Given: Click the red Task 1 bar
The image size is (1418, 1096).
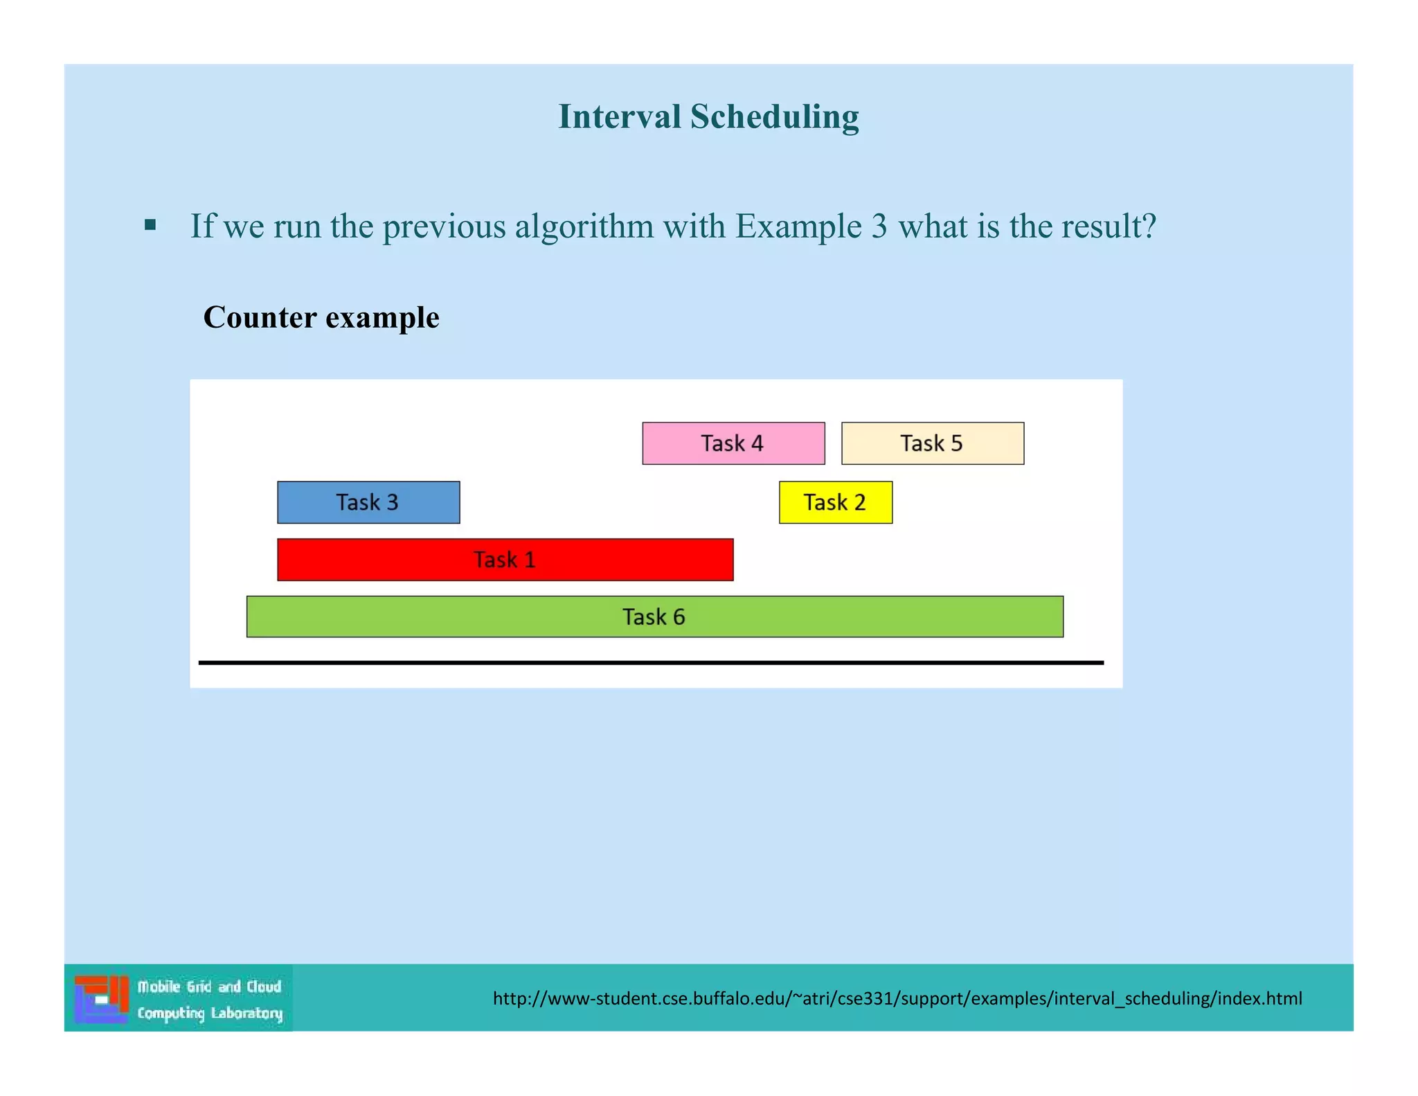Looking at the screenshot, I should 505,559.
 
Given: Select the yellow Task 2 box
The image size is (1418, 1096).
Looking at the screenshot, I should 835,502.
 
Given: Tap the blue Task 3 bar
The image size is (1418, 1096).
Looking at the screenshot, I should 368,502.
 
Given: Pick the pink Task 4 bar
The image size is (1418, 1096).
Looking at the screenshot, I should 733,443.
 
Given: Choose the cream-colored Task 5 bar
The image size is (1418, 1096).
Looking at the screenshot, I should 932,443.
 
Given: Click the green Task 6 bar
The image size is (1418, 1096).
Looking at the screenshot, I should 654,617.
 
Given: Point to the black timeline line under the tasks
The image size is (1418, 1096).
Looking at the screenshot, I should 650,662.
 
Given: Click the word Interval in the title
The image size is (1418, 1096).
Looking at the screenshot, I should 619,116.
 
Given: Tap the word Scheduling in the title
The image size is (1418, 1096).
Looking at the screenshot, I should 774,116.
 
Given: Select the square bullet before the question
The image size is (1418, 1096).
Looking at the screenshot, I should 150,225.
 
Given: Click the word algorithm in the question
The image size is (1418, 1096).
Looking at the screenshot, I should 584,227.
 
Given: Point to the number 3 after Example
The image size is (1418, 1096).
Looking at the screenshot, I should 879,227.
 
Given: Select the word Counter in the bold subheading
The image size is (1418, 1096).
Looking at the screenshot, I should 260,317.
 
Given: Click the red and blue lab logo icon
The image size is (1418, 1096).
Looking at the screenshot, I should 102,998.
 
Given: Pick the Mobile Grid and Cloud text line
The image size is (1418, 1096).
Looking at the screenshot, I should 209,986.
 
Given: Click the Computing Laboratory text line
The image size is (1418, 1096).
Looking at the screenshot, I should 209,1013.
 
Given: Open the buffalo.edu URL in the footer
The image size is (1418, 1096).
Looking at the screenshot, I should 897,998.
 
